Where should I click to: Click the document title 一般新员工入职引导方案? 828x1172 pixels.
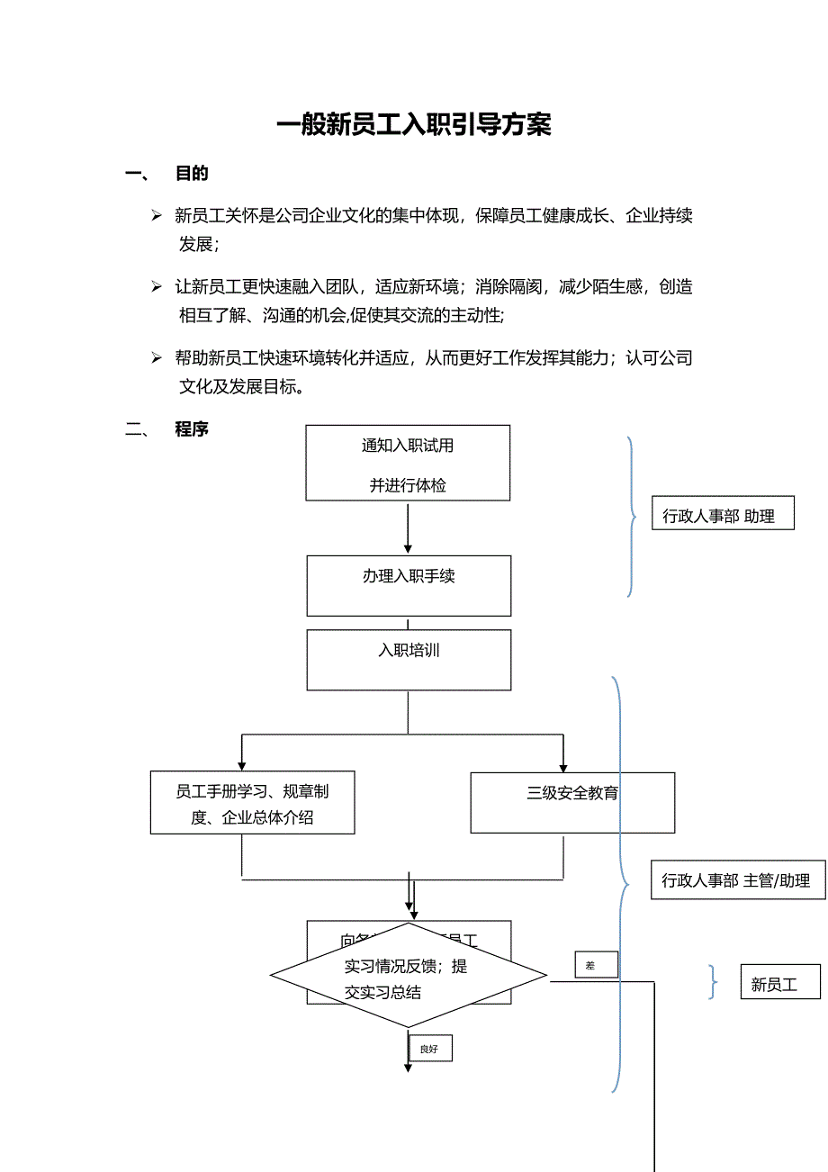[413, 125]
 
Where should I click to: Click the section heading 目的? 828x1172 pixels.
[192, 174]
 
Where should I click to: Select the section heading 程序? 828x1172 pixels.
[192, 429]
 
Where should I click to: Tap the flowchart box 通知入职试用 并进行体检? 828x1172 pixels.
[408, 464]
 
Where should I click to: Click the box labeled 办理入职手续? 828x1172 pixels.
[409, 585]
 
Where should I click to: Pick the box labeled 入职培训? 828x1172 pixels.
[409, 660]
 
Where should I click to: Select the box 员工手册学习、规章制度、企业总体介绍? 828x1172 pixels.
[252, 803]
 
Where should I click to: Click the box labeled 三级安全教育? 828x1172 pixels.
[572, 802]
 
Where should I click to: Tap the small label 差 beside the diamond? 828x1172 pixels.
[596, 965]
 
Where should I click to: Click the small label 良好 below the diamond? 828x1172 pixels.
[430, 1049]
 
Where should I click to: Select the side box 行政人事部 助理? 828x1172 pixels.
[723, 513]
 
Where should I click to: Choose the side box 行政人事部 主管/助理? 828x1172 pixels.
[737, 879]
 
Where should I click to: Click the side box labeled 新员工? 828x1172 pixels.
[779, 982]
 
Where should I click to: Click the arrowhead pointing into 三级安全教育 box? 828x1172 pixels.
[563, 766]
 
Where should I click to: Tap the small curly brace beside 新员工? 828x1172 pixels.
[714, 982]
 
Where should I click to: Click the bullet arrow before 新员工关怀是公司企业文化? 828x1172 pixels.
[157, 216]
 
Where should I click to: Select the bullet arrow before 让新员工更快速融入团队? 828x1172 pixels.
[157, 287]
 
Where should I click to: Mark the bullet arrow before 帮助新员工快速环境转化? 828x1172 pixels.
[157, 358]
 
